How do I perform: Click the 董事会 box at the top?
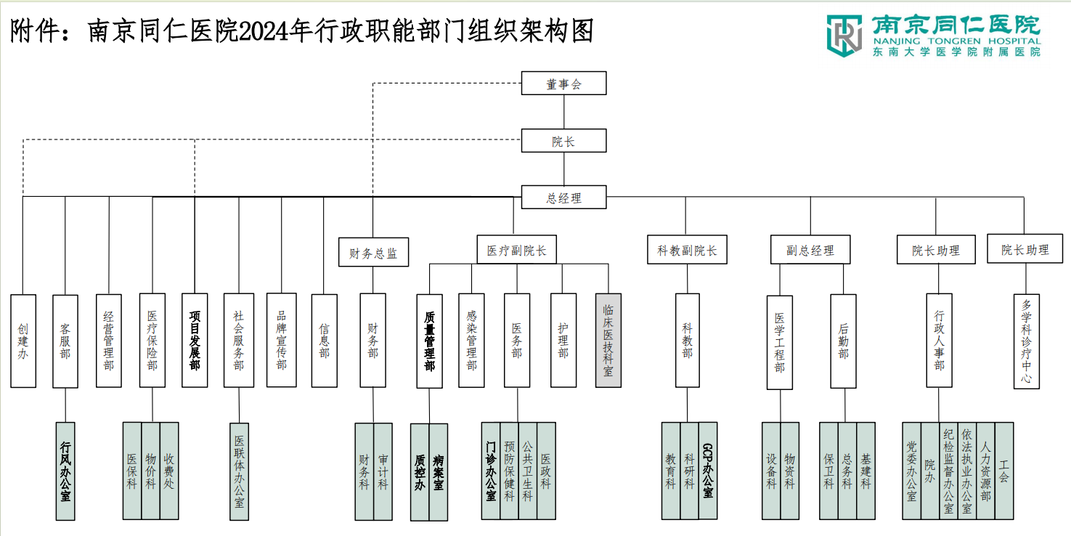tap(563, 84)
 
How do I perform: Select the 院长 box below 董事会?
tap(563, 141)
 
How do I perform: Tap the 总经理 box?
tap(563, 197)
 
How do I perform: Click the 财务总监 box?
tap(373, 253)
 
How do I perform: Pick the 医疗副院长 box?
tap(516, 250)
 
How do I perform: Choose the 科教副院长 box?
tap(687, 250)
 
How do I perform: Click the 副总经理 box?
tap(810, 250)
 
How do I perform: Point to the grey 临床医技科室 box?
tap(608, 340)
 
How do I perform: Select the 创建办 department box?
tap(23, 340)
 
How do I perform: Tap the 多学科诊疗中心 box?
tap(1026, 341)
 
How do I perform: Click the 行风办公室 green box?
tap(65, 471)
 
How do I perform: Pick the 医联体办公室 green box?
tap(239, 471)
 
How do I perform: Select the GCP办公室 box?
tap(708, 470)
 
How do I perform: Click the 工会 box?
tap(1003, 471)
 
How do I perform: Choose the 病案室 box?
tap(439, 472)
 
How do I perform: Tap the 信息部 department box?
tap(325, 340)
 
